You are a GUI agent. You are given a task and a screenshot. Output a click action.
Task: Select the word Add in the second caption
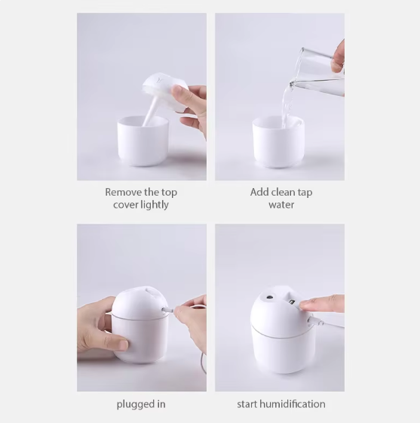tap(260, 192)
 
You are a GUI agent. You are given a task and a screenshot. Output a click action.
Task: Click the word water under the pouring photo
tap(281, 205)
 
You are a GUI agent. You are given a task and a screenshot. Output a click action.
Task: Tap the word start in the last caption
tap(247, 404)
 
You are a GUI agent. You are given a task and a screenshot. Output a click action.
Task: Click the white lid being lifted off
tap(164, 91)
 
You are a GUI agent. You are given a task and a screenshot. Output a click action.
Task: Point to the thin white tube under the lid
tap(149, 112)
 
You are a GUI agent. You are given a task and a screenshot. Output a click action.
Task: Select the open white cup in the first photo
tap(143, 140)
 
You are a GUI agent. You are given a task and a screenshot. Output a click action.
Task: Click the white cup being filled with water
tap(278, 142)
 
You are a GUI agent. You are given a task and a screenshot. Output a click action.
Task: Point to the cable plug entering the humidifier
tap(167, 310)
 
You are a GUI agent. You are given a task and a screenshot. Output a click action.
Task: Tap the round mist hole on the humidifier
tap(269, 298)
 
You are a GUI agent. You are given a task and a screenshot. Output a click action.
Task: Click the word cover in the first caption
tap(121, 205)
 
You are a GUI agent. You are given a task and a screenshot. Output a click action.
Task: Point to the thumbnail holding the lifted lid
tap(177, 89)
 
